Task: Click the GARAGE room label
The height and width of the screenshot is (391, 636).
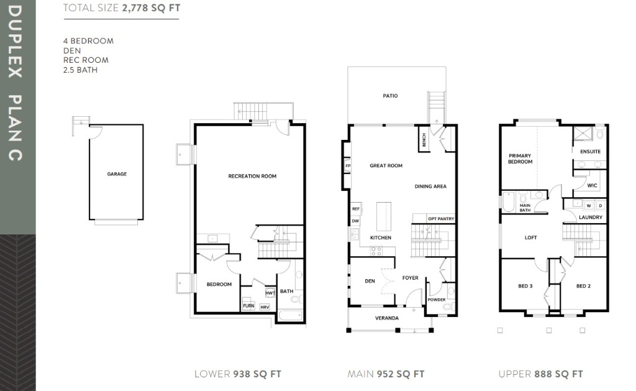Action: (117, 174)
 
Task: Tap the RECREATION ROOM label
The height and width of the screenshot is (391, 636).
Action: (252, 176)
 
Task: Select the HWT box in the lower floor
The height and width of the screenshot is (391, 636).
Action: (270, 293)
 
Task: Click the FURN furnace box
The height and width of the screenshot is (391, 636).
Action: (248, 306)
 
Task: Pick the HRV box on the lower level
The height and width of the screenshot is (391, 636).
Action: (265, 307)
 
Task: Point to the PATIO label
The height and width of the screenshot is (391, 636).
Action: (390, 96)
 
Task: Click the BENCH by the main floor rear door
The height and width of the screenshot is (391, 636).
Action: (424, 140)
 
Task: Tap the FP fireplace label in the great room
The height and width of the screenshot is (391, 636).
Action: (348, 166)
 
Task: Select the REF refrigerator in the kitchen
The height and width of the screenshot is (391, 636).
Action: (356, 209)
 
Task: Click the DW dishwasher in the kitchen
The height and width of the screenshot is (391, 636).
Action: (355, 221)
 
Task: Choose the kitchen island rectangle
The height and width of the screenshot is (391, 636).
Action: (384, 216)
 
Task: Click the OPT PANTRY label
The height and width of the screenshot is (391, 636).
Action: (441, 219)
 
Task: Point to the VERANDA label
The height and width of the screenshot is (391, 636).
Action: (387, 318)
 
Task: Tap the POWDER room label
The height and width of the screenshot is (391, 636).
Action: (437, 300)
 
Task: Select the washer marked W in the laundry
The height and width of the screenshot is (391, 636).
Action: (589, 206)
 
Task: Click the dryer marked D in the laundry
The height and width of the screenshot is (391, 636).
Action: (601, 206)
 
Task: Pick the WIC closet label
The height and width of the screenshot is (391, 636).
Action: (592, 185)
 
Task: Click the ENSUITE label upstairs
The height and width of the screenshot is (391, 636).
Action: (590, 152)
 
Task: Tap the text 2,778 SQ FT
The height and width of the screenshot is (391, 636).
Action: (151, 7)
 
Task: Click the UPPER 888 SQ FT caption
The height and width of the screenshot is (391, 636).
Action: (541, 374)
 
